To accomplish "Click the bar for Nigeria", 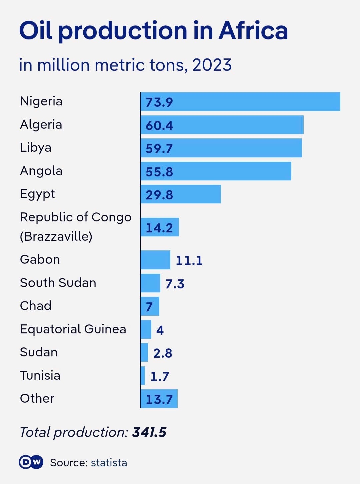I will (x=240, y=101).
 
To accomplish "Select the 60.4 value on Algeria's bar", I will (x=159, y=125).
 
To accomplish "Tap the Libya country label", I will (x=36, y=148).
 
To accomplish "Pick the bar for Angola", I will (x=216, y=171).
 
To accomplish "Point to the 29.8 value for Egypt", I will (x=159, y=195).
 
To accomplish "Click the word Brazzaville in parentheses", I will (x=56, y=236).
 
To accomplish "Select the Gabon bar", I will (x=155, y=260).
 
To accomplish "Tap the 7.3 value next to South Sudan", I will (x=175, y=284).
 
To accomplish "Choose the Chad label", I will (x=36, y=306).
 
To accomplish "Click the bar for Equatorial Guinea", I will (x=146, y=329).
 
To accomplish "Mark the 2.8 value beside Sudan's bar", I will (x=163, y=353).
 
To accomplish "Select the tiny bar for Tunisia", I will (x=143, y=376).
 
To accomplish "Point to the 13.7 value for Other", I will (x=159, y=399).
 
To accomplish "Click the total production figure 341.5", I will (x=149, y=432).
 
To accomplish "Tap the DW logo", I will (x=31, y=462).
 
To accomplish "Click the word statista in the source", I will (x=109, y=463).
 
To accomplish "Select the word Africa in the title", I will (x=253, y=31).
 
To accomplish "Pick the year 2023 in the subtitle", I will (x=212, y=65).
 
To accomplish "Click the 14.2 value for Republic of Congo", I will (x=159, y=228).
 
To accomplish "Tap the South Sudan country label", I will (x=58, y=283).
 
